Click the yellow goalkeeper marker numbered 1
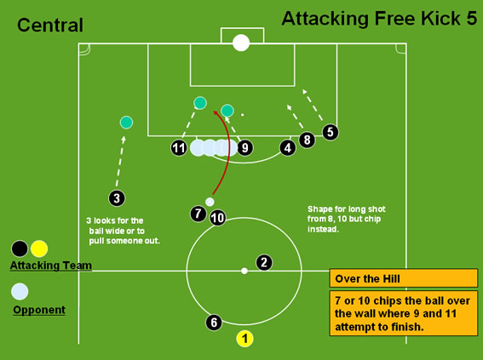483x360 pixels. [244, 339]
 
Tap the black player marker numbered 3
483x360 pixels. [117, 198]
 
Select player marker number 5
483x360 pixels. [331, 132]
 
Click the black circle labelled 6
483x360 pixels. [214, 323]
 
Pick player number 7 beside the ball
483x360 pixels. [198, 214]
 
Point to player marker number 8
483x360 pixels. [308, 140]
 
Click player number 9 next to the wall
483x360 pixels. [245, 148]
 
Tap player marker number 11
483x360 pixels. [179, 148]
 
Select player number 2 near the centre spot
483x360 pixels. [264, 262]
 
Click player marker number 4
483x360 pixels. [288, 148]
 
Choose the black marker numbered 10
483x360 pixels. [217, 218]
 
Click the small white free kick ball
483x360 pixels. [210, 202]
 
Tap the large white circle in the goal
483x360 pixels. [241, 43]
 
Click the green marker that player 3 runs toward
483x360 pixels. [126, 123]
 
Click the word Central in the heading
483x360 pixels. [50, 26]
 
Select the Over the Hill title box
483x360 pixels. [404, 278]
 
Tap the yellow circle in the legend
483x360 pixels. [39, 249]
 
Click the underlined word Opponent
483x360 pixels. [39, 310]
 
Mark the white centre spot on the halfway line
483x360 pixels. [244, 271]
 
